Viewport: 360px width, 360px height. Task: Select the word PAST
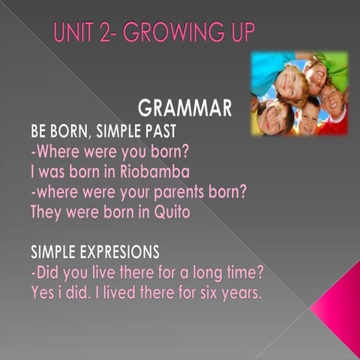tap(157, 130)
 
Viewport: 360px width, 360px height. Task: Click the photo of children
tap(299, 93)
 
